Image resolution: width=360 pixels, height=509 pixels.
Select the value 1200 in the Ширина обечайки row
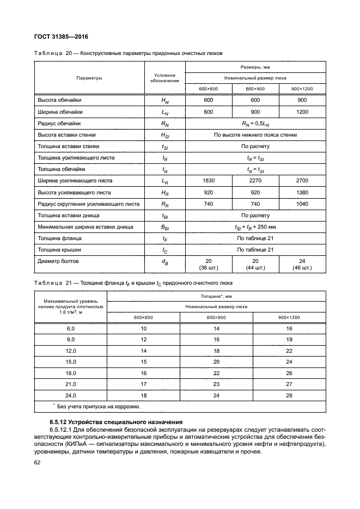[x=302, y=112]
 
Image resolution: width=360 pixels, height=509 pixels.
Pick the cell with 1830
[x=209, y=181]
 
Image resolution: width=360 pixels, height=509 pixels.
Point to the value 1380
[x=302, y=193]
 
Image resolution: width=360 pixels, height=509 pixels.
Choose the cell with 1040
[x=302, y=204]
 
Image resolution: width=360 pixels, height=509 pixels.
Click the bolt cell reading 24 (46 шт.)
[x=302, y=265]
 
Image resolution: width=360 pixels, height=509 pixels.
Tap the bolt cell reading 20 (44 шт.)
[x=255, y=265]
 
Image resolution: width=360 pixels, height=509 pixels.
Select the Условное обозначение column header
[x=164, y=78]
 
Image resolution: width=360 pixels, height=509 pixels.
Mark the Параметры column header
[x=89, y=78]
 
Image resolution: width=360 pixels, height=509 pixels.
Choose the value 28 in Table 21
[x=289, y=396]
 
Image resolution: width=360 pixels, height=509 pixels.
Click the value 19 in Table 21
[x=289, y=339]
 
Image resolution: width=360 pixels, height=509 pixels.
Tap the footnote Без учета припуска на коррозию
[x=99, y=407]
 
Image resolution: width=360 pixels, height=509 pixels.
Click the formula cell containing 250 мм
[x=255, y=227]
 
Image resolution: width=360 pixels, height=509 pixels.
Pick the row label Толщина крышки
[x=59, y=250]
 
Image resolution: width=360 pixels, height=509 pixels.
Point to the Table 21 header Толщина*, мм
[x=217, y=297]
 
